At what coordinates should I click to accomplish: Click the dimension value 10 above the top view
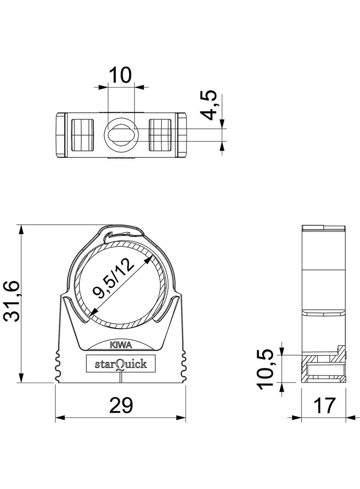point(120,74)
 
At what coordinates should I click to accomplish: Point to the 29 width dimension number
point(120,405)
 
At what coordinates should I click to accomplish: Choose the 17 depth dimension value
point(324,405)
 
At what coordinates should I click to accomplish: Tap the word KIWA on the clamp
point(120,345)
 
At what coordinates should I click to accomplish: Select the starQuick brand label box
point(120,364)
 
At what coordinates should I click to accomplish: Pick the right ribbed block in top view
point(161,135)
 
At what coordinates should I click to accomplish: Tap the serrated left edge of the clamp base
point(58,365)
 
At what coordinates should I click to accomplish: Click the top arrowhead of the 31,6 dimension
point(21,229)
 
